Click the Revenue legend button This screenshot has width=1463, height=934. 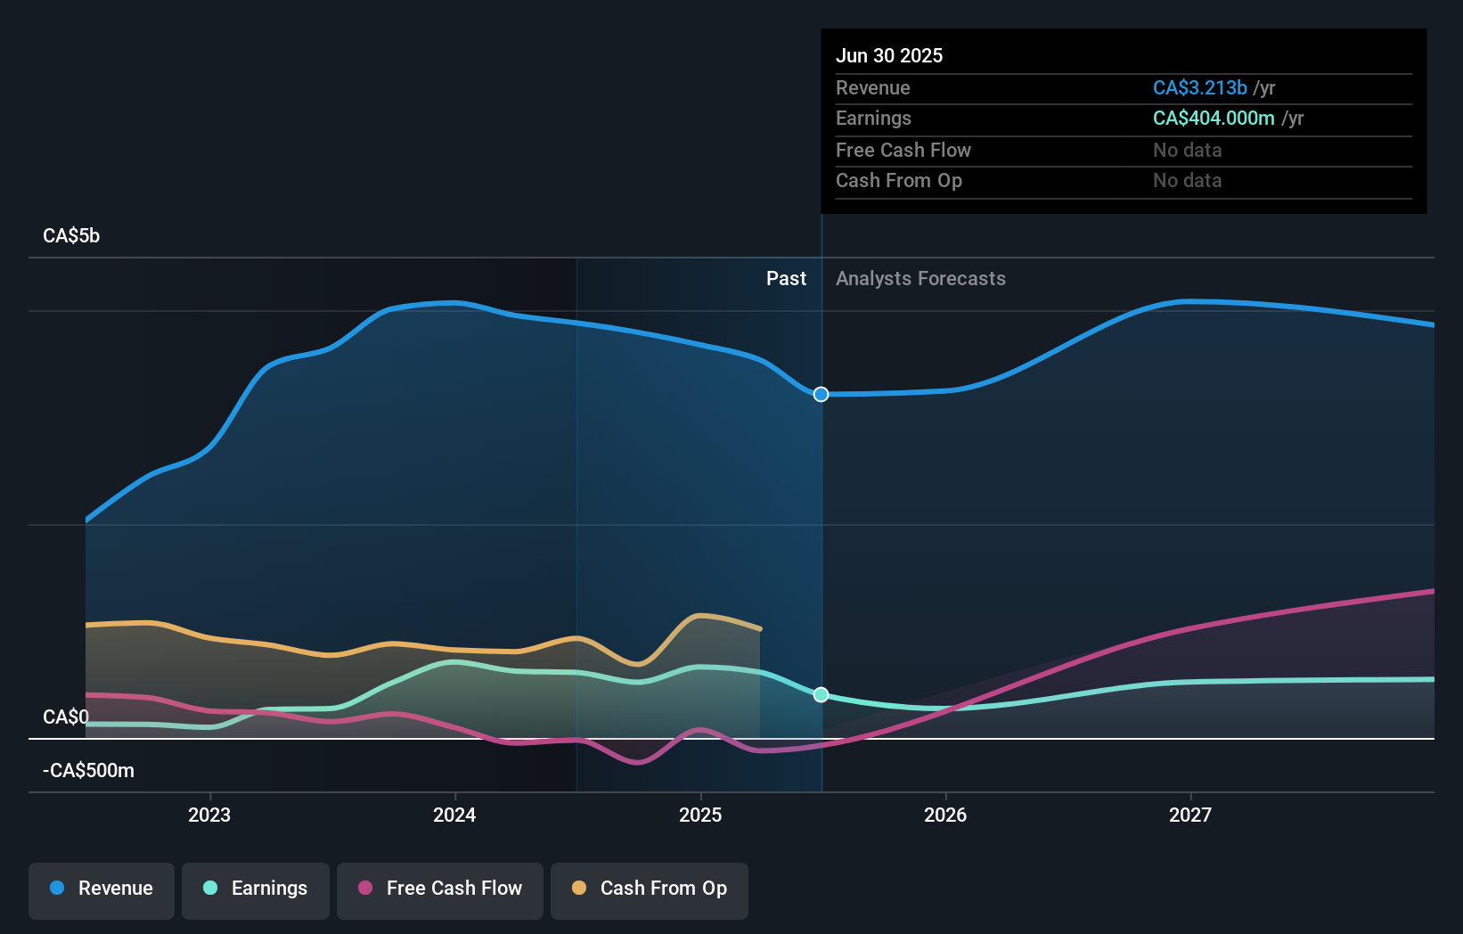click(102, 889)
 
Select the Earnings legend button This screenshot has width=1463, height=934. click(256, 889)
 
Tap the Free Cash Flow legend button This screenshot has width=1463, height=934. click(440, 889)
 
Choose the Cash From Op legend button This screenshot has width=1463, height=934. click(650, 889)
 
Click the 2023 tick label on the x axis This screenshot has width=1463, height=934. click(209, 815)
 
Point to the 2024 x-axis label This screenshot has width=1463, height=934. click(454, 815)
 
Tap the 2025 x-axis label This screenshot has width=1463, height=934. click(700, 815)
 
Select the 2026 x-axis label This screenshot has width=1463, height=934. click(945, 815)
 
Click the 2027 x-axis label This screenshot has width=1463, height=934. click(1190, 815)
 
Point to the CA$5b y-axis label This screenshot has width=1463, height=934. click(71, 236)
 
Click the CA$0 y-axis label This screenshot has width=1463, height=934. click(66, 717)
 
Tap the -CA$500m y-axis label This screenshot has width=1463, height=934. click(88, 771)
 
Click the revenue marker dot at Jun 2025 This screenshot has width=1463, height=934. click(821, 394)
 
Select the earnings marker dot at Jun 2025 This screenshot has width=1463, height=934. click(821, 694)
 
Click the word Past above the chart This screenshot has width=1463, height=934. click(786, 279)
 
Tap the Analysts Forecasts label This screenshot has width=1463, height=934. click(920, 279)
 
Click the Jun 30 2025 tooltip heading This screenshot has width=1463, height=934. click(889, 55)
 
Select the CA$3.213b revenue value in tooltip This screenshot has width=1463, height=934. click(1199, 87)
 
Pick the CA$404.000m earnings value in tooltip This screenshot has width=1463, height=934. click(1214, 119)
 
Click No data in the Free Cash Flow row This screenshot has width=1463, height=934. click(1187, 150)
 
